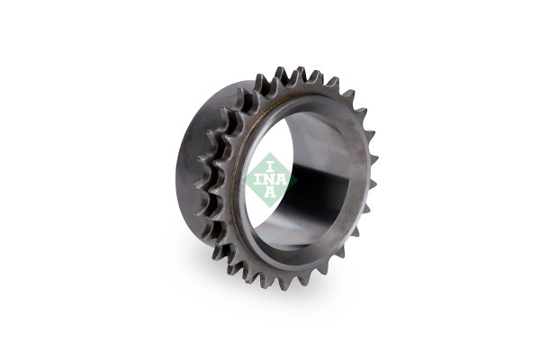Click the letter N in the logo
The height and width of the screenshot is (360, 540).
click(270, 180)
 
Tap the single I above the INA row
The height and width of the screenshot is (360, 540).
click(270, 167)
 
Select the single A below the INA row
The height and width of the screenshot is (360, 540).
click(270, 193)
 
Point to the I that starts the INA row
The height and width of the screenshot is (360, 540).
click(257, 180)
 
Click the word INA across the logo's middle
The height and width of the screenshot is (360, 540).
click(271, 180)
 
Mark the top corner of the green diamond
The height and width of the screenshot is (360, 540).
click(271, 153)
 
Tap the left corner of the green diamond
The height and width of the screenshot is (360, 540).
click(244, 180)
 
